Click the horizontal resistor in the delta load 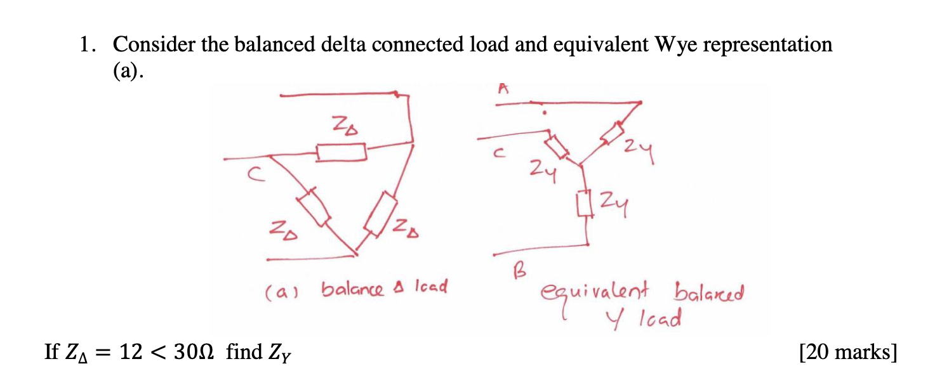[x=342, y=152]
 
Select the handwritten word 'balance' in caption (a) [x=352, y=289]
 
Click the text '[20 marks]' [x=847, y=351]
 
